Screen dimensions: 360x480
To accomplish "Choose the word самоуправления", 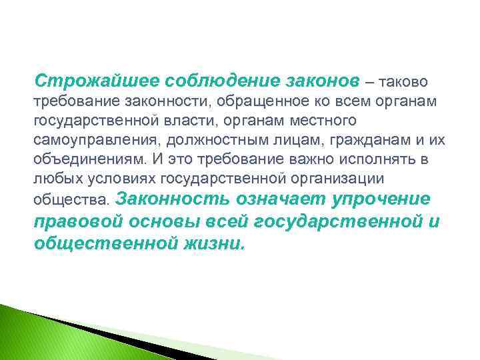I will (x=87, y=142).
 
